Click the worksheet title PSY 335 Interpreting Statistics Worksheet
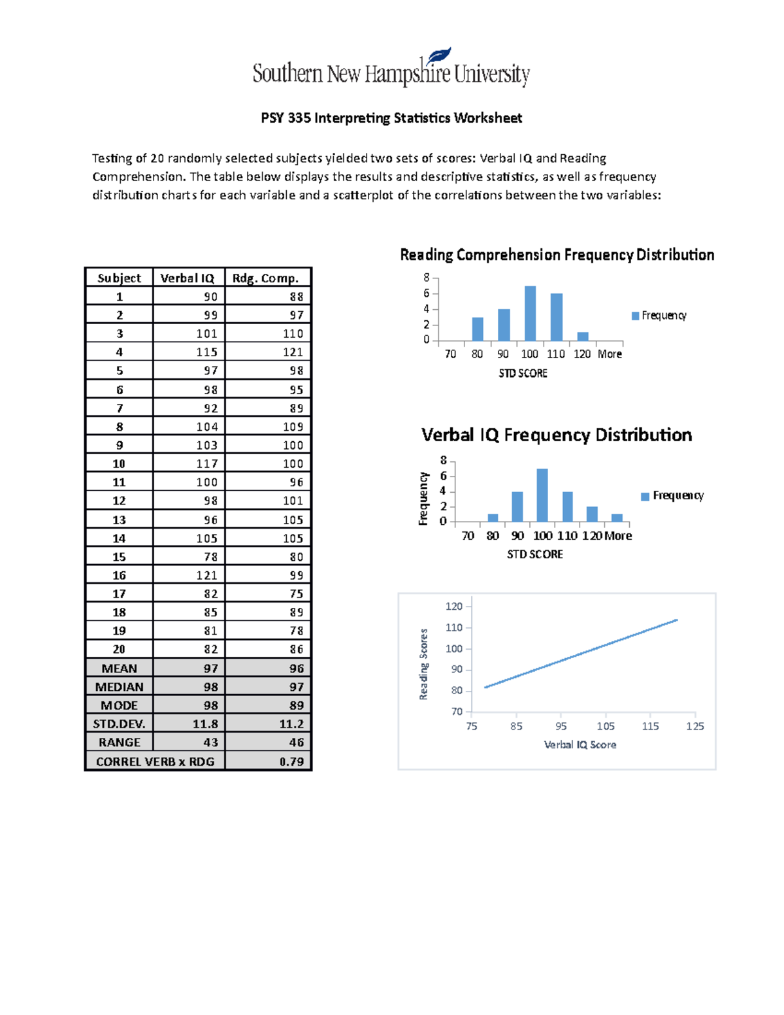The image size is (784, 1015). (x=391, y=118)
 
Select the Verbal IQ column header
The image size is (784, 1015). (x=188, y=278)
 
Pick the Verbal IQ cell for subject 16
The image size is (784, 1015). (x=206, y=575)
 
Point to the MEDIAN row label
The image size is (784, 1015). (x=119, y=687)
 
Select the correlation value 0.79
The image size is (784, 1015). (x=291, y=761)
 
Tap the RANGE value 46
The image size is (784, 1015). (x=297, y=742)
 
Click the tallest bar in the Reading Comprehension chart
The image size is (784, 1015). (x=530, y=314)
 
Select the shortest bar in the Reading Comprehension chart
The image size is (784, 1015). (x=583, y=337)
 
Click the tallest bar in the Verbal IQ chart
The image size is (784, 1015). (x=542, y=495)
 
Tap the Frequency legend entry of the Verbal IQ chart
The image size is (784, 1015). (x=672, y=496)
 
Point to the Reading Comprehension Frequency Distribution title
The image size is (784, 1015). (x=557, y=255)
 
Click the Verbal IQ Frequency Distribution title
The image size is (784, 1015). (x=557, y=435)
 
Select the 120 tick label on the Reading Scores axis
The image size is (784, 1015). (x=454, y=607)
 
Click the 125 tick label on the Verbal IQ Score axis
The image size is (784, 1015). (x=695, y=726)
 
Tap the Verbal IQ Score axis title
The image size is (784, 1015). (x=580, y=744)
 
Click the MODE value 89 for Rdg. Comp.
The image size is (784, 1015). (x=297, y=705)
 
